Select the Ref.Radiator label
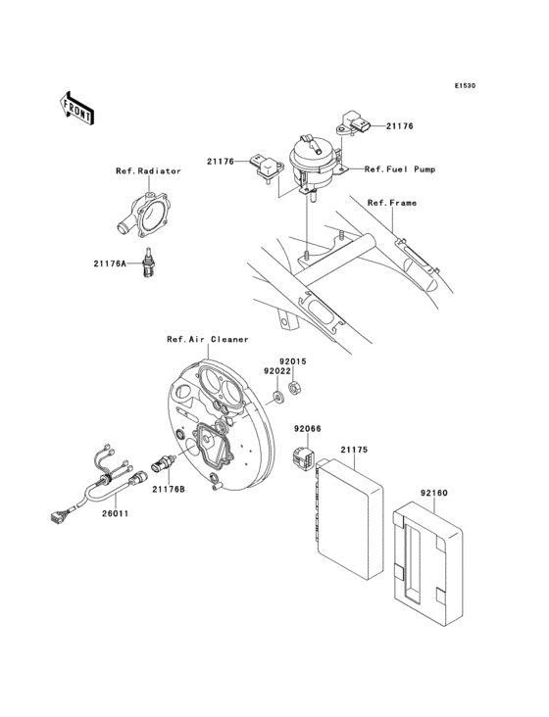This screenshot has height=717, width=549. tap(148, 170)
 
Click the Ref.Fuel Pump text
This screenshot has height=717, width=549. tap(400, 169)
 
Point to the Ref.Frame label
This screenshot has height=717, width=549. tap(392, 203)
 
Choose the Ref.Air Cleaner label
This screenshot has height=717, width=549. tap(207, 339)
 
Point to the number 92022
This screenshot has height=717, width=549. tap(275, 371)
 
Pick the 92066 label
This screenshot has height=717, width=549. tap(304, 428)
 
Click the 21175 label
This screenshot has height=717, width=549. tap(354, 451)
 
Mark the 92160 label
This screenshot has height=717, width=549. tap(433, 495)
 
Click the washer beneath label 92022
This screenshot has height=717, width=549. tap(276, 397)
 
